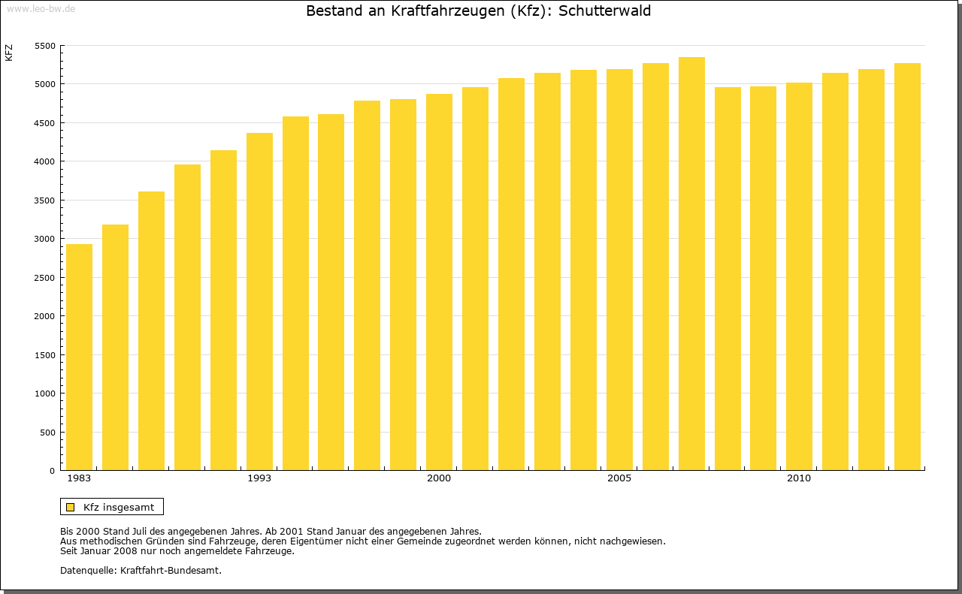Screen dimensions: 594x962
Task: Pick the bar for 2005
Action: (619, 270)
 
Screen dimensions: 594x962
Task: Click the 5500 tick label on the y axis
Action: (45, 46)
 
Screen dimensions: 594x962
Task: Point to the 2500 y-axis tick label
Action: (45, 278)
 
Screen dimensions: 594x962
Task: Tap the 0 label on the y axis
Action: (53, 471)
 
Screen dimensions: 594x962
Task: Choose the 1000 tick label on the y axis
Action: (45, 393)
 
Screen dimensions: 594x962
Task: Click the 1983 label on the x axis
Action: (79, 478)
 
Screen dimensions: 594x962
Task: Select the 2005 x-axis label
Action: (619, 478)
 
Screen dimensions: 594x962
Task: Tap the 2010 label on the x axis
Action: (799, 478)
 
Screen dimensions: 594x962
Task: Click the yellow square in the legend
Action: (71, 507)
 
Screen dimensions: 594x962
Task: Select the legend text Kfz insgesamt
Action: (119, 507)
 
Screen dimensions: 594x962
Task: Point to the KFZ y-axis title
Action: (9, 53)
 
